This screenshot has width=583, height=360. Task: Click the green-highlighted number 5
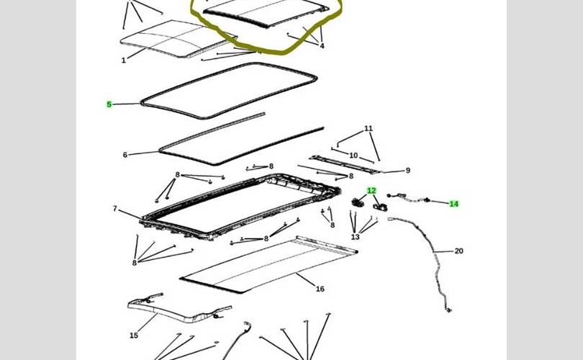tap(109, 104)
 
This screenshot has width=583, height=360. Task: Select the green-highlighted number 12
tap(371, 191)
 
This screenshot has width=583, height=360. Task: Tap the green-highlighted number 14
tap(453, 204)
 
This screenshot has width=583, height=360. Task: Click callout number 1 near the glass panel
tap(124, 60)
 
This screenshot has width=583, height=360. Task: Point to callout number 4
tap(322, 46)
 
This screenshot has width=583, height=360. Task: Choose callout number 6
tap(125, 155)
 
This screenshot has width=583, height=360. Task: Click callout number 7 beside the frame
tap(115, 209)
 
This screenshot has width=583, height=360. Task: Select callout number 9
tap(408, 171)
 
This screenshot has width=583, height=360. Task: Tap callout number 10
tap(353, 156)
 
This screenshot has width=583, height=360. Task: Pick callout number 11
tap(368, 128)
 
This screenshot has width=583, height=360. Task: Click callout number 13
tap(355, 237)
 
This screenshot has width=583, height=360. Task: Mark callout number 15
tap(134, 336)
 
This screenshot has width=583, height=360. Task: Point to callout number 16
tap(320, 289)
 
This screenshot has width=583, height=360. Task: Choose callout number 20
tap(458, 251)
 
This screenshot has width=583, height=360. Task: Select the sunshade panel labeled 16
tap(268, 266)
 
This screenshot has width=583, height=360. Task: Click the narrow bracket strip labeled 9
tap(345, 164)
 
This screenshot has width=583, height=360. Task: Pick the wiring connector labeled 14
tap(408, 199)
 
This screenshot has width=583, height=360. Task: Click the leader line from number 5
tap(126, 104)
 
